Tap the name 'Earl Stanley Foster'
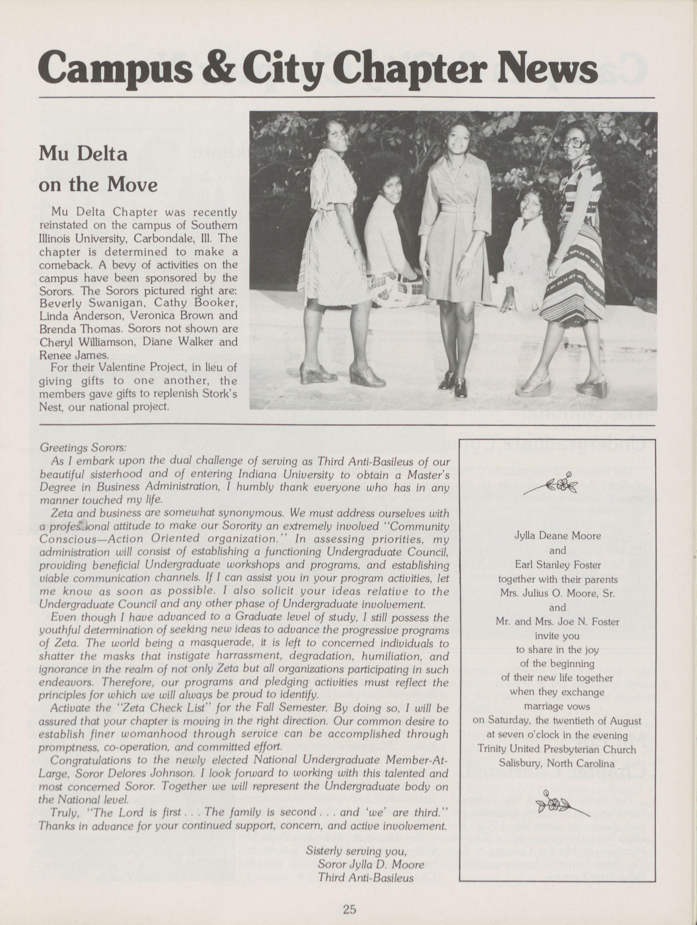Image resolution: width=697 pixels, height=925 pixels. (558, 565)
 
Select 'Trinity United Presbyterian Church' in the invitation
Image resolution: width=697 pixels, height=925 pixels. (557, 749)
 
